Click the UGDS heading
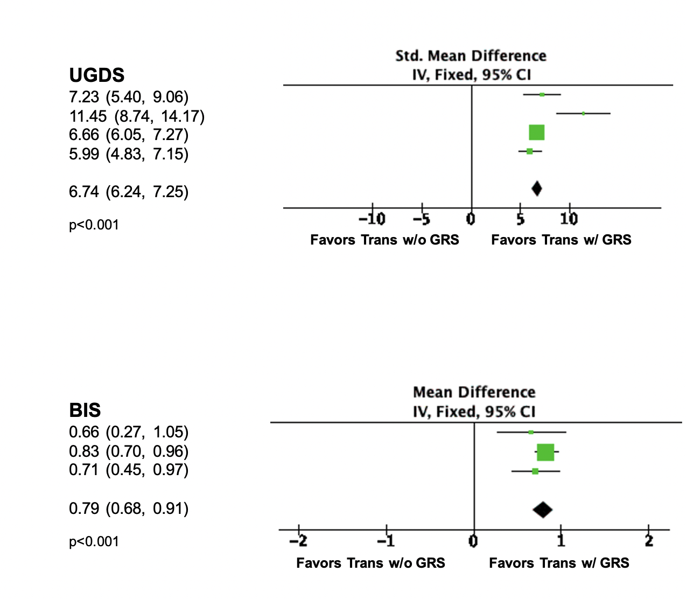[x=97, y=75]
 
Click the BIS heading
[x=85, y=410]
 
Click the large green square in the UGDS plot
[x=536, y=132]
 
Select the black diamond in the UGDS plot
[x=536, y=189]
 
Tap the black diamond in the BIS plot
[x=542, y=510]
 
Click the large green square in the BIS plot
[x=545, y=452]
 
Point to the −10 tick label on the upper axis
[x=372, y=219]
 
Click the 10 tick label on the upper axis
[x=569, y=219]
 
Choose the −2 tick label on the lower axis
[x=299, y=541]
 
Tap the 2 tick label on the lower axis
[x=649, y=541]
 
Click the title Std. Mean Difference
[x=471, y=56]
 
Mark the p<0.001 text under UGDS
[x=94, y=225]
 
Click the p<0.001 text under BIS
[x=94, y=542]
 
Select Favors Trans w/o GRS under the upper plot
[x=384, y=240]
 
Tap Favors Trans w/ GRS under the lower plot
[x=559, y=563]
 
